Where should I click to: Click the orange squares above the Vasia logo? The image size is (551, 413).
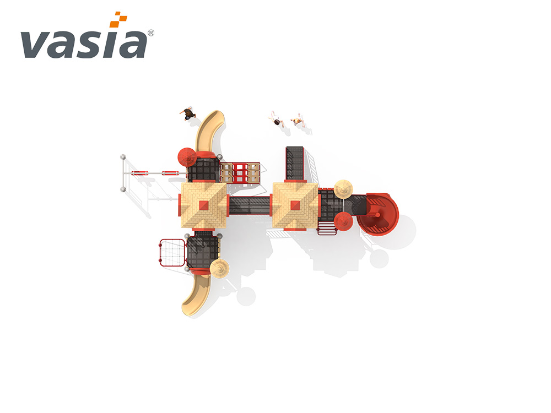(x=118, y=20)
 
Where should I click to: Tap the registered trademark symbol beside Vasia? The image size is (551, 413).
(x=150, y=33)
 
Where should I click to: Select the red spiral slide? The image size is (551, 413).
(x=379, y=214)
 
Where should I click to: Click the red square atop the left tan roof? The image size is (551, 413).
(x=204, y=205)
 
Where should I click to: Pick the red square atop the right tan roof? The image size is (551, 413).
(x=295, y=205)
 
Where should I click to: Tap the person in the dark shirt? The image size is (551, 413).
(x=188, y=113)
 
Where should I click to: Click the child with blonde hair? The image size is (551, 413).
(x=298, y=121)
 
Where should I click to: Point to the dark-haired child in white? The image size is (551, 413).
(x=277, y=119)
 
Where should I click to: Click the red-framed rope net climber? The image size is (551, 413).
(x=172, y=252)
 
